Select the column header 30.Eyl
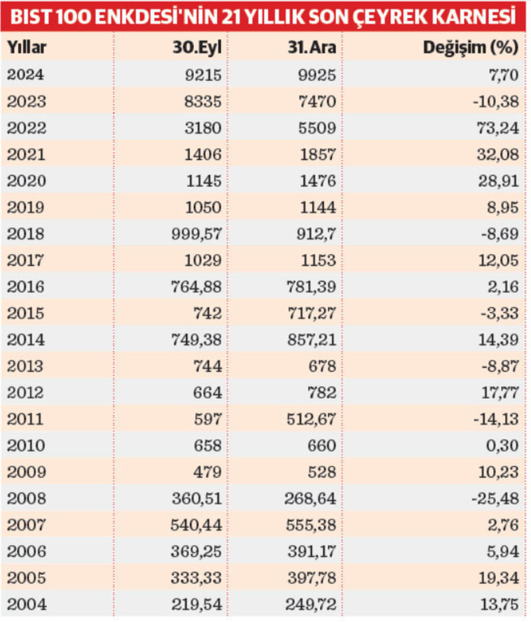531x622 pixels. (202, 48)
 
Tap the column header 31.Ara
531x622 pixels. (315, 48)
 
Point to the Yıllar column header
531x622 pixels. (27, 48)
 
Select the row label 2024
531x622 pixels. (25, 74)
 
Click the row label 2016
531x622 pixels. (25, 287)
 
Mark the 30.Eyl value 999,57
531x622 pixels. (198, 234)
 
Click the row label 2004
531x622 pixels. (25, 605)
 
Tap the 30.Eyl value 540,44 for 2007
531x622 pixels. (198, 525)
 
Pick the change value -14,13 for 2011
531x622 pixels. (498, 419)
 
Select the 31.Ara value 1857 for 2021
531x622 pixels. (321, 154)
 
